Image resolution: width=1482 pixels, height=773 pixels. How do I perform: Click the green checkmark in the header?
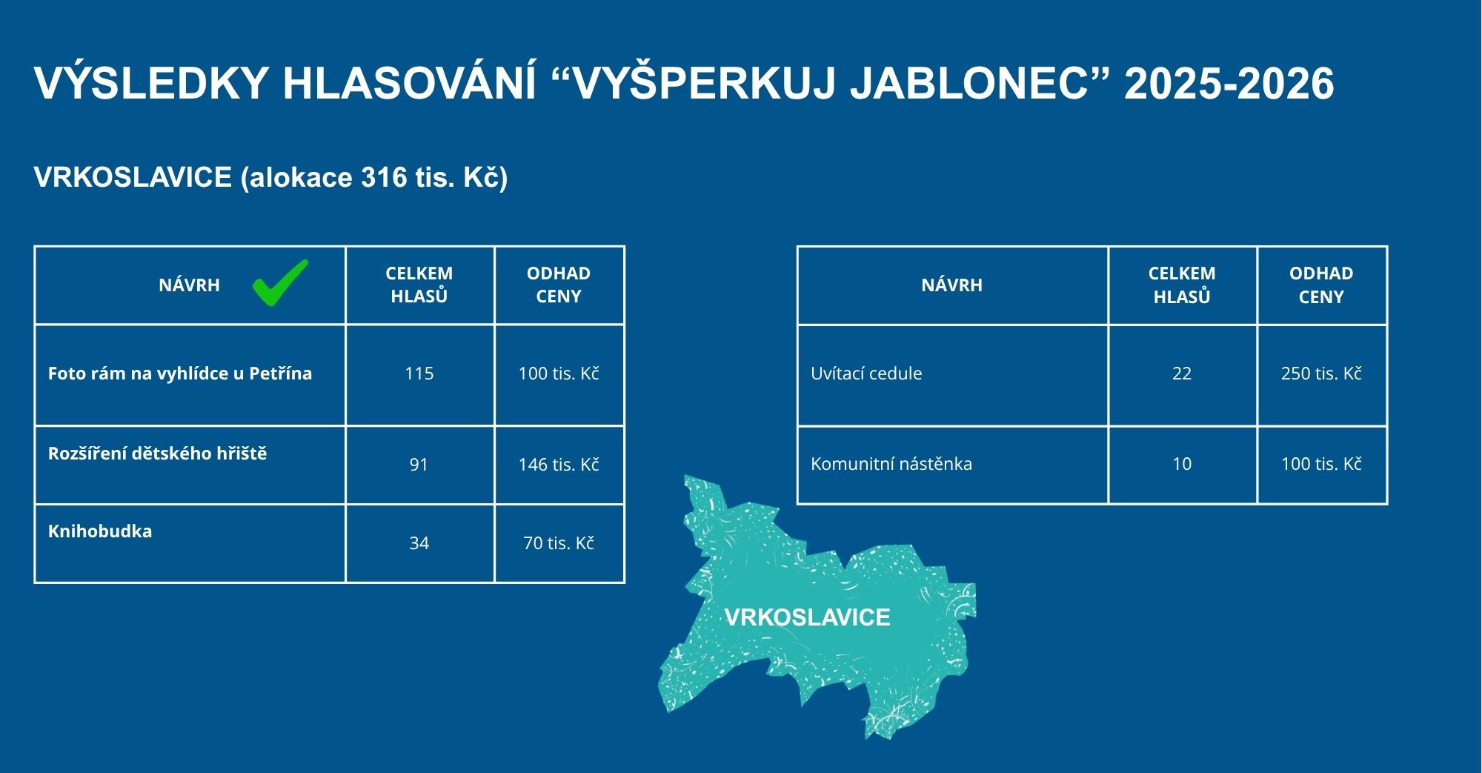[279, 284]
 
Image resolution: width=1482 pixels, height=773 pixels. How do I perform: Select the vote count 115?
[419, 374]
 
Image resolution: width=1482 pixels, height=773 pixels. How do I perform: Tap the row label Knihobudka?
[100, 531]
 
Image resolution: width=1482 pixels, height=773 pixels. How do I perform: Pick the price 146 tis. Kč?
[559, 465]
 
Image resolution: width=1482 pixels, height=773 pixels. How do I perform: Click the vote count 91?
[419, 465]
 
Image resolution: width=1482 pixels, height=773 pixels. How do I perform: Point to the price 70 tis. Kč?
[559, 543]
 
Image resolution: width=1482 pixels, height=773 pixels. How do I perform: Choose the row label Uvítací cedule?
[866, 374]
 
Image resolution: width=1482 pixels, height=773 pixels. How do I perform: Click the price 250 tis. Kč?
[1321, 374]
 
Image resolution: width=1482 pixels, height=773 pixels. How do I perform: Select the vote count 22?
[1182, 374]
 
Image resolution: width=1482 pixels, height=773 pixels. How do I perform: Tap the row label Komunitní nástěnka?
[891, 464]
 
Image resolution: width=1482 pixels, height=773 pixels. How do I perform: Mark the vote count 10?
[1182, 464]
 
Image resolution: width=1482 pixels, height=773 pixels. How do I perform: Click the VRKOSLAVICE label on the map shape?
[808, 617]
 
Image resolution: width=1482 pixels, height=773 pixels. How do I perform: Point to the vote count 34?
[419, 543]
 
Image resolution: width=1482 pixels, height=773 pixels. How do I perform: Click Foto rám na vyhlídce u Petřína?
[180, 374]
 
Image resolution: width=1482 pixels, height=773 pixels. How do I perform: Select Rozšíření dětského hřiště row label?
[157, 454]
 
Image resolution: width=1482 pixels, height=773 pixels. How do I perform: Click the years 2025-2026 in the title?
[1229, 83]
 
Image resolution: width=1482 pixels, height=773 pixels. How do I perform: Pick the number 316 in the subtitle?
[384, 177]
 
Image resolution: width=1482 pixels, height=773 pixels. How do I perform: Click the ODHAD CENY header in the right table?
[1321, 285]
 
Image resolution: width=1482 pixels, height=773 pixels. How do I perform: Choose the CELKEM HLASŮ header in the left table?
[419, 285]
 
